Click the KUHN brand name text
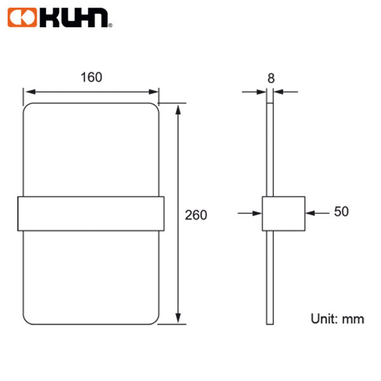coord(73,20)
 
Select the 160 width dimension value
coord(91,77)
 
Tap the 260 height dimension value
coord(196,215)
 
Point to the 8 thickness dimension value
coord(271,78)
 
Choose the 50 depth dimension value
coord(341,212)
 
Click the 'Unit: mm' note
coord(337,319)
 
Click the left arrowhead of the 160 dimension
coord(29,91)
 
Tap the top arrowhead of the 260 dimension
coord(180,109)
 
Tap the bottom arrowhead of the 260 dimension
coord(180,319)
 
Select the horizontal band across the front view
coord(91,213)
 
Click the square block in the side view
coord(283,213)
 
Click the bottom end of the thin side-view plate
coord(271,322)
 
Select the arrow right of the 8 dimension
coord(286,91)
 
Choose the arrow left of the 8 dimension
coord(254,91)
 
